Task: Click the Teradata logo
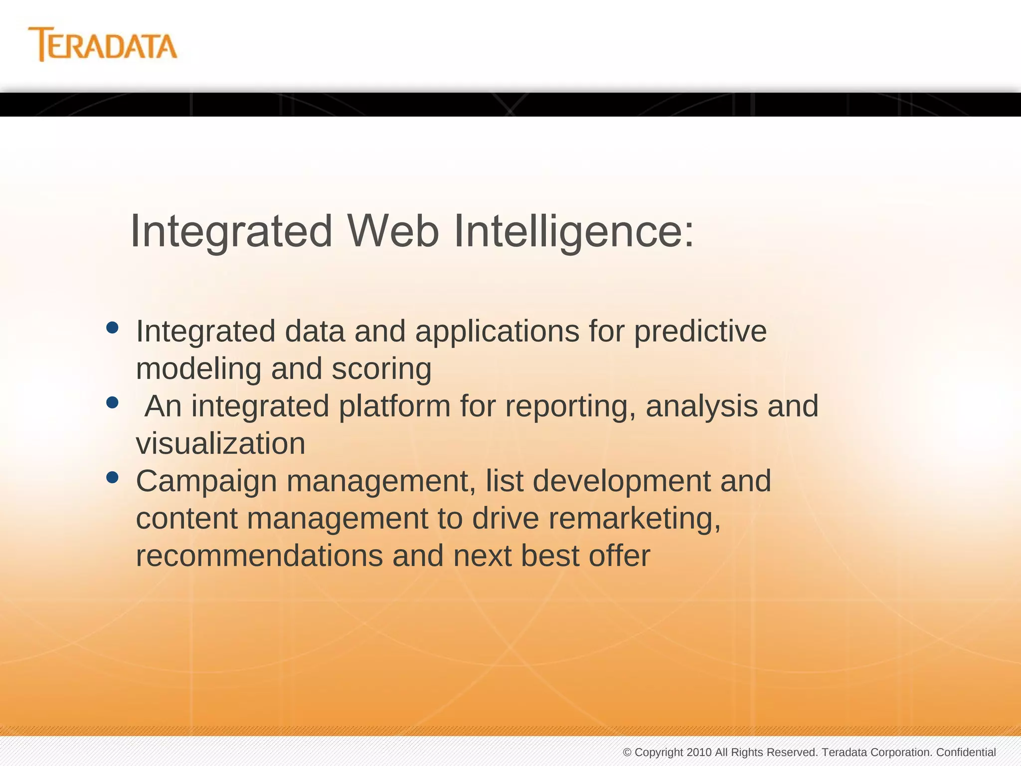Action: click(103, 45)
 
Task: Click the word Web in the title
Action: click(393, 231)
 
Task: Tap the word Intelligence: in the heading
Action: click(573, 231)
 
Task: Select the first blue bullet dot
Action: click(113, 328)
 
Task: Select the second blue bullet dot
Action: click(113, 402)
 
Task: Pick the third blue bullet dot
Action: click(113, 478)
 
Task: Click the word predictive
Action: click(700, 332)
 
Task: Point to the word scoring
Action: click(381, 369)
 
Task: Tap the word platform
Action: click(394, 406)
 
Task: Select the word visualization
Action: click(220, 444)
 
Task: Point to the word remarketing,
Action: click(635, 519)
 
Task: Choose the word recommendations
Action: click(259, 556)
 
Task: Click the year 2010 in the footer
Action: click(699, 752)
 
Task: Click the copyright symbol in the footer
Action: click(627, 753)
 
